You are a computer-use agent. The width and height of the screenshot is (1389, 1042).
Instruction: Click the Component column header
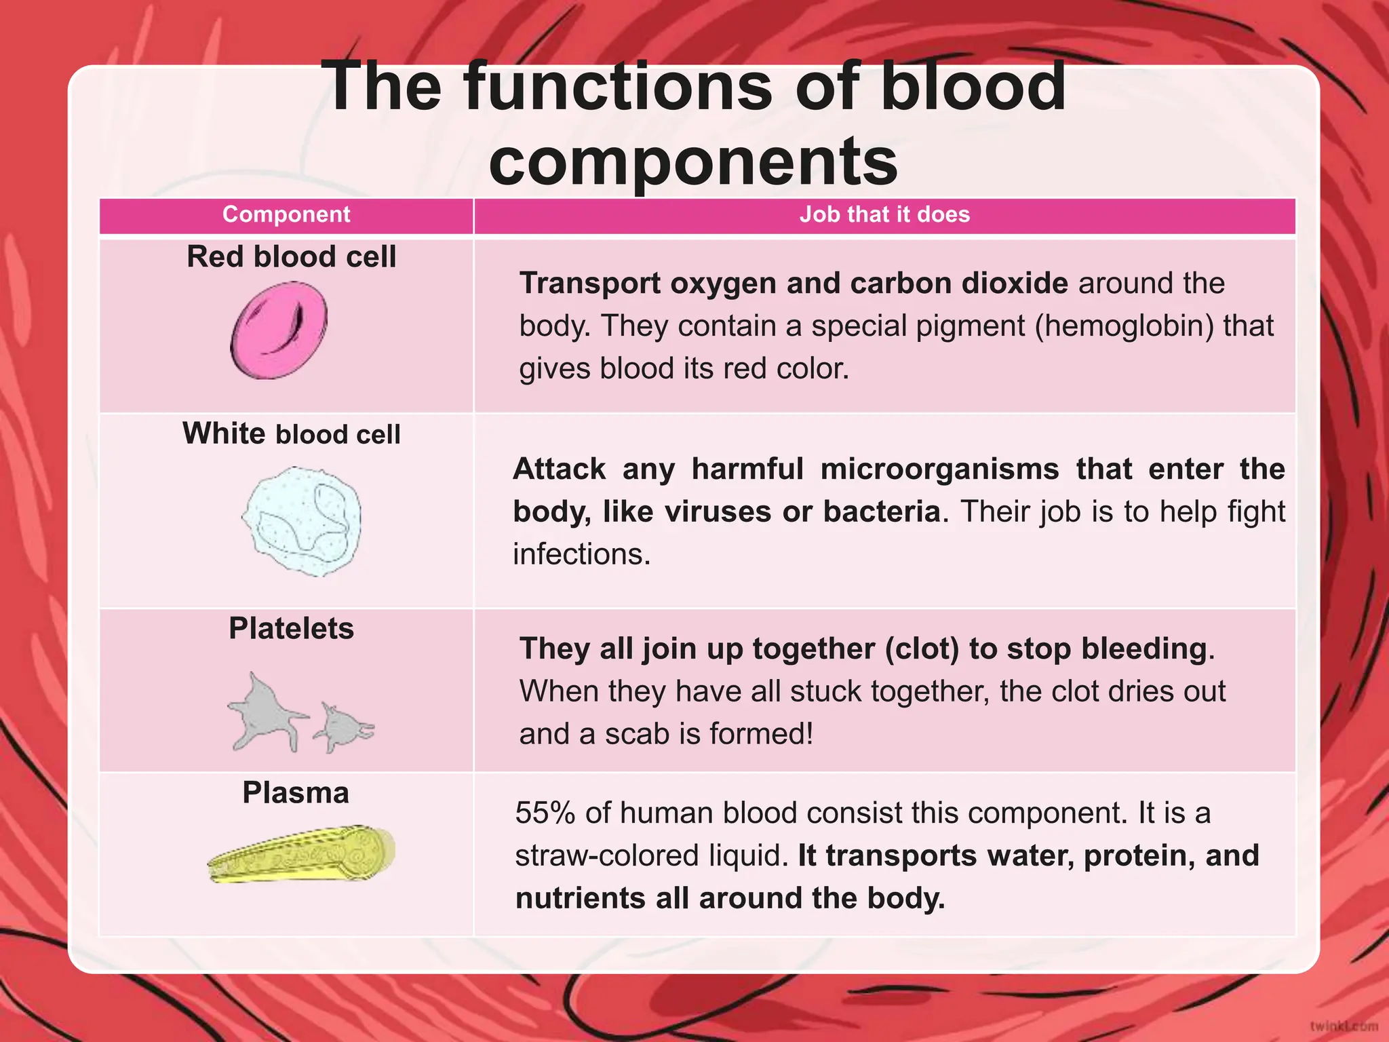[x=286, y=214]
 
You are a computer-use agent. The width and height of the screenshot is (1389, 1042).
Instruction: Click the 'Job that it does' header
[x=884, y=214]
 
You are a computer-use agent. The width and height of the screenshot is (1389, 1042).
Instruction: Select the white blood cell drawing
[x=302, y=521]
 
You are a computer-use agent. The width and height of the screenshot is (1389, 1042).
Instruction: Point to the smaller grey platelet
[x=344, y=727]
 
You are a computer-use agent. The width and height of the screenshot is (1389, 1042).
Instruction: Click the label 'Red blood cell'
[x=291, y=257]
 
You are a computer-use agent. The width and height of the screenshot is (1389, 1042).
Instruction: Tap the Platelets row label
[x=291, y=628]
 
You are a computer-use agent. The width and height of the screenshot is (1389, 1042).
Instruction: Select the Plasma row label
[x=296, y=792]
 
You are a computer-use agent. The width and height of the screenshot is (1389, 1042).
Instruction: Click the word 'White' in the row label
[x=224, y=433]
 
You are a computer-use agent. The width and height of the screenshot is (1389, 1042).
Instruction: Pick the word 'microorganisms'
[x=939, y=469]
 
